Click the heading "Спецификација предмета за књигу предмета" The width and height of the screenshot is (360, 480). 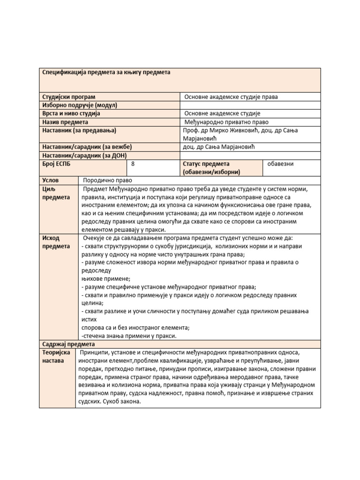click(106, 73)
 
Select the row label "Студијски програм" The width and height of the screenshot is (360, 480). click(69, 97)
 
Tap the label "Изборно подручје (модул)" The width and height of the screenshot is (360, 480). click(79, 105)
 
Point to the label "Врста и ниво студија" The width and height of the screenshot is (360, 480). click(71, 113)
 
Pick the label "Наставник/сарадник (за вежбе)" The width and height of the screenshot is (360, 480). click(87, 147)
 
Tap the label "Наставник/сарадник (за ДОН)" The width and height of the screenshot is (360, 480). click(84, 156)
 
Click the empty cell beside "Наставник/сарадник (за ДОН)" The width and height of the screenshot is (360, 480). click(250, 156)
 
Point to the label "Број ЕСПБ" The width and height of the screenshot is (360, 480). click(59, 164)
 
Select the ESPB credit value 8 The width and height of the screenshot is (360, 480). click(134, 164)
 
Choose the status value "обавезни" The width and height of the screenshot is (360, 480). click(280, 164)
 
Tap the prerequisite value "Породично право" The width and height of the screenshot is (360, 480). click(108, 180)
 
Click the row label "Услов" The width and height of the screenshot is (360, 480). click(51, 180)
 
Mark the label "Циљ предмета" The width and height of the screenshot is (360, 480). click(56, 193)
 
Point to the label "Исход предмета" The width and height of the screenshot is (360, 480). click(56, 242)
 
